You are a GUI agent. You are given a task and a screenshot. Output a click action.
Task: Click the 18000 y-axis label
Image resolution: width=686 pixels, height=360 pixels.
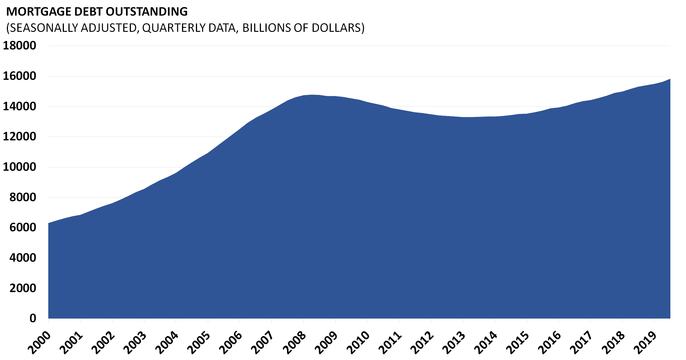tap(20, 45)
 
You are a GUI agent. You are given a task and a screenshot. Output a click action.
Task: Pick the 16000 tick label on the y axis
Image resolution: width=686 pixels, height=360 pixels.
tap(20, 76)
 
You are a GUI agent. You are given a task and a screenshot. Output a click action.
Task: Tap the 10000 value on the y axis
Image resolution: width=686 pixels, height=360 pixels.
tap(20, 167)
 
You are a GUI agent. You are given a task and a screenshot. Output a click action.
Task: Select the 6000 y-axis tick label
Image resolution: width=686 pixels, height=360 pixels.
tap(23, 227)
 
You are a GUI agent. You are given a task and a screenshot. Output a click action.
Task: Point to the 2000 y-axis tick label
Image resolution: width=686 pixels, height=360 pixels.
tap(23, 288)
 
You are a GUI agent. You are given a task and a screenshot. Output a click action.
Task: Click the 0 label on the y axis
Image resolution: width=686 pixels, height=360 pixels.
tap(33, 318)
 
